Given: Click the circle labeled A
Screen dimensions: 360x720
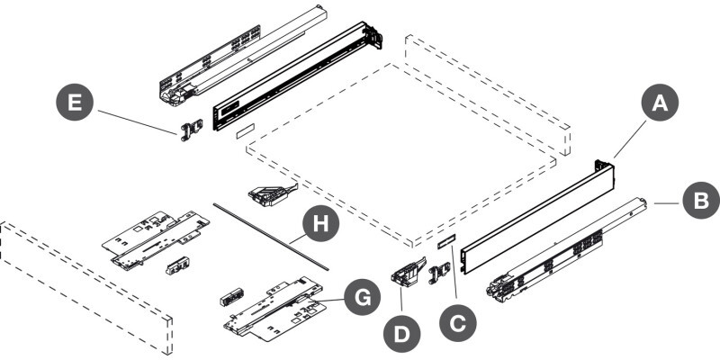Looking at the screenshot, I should click(x=661, y=104).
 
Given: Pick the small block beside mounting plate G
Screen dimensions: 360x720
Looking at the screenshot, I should click(x=232, y=297).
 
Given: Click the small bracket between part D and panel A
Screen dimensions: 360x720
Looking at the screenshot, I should click(x=438, y=273).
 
